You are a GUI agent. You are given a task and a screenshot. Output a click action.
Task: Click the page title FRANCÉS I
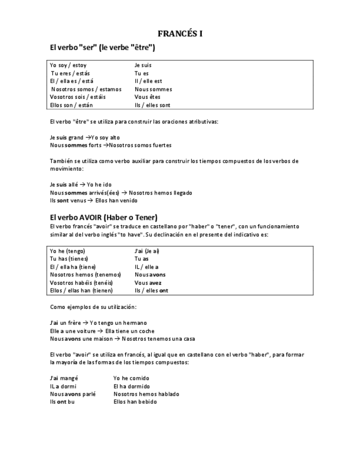[x=180, y=34]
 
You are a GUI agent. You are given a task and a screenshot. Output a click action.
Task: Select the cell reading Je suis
[x=143, y=65]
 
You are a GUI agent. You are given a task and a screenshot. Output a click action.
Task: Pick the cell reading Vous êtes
[x=147, y=97]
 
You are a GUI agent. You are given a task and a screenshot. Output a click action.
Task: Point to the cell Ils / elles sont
[x=152, y=105]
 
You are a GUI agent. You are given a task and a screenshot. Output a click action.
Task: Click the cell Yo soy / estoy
[x=68, y=65]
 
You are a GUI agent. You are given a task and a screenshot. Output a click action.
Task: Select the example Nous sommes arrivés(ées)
[x=82, y=193]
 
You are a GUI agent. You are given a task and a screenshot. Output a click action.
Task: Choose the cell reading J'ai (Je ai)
[x=147, y=251]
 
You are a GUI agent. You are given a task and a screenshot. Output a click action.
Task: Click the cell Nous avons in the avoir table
[x=149, y=274]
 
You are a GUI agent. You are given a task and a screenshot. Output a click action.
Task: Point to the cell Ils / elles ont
[x=151, y=290]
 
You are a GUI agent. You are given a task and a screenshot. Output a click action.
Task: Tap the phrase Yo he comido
[x=131, y=378]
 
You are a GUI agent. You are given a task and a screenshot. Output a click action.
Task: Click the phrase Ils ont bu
[x=62, y=402]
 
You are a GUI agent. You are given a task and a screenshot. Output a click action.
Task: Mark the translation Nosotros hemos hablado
[x=146, y=394]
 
